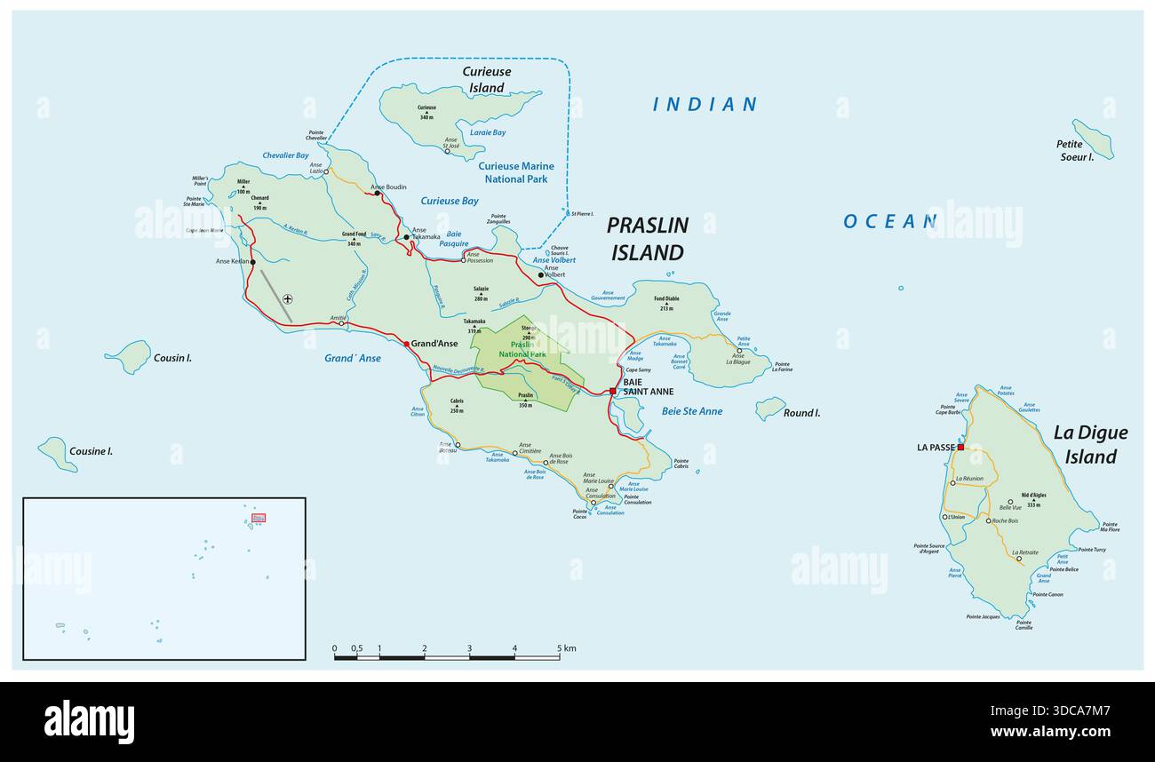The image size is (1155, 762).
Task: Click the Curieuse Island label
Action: [486, 79]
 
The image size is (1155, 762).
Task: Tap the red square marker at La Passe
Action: [960, 447]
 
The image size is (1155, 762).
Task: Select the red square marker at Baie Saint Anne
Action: [612, 391]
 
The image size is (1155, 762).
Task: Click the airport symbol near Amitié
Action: [288, 299]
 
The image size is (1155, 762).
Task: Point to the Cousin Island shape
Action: [131, 357]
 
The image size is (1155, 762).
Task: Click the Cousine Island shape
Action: [58, 453]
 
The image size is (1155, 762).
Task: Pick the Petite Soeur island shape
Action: [1092, 139]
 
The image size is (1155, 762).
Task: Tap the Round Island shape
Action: [769, 408]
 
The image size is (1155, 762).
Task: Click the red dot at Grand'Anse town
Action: [407, 344]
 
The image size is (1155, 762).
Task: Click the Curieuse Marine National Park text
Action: [516, 172]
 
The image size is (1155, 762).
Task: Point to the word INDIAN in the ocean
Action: [705, 105]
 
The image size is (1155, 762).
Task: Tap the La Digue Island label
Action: [1090, 444]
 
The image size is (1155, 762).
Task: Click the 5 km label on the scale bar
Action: [566, 648]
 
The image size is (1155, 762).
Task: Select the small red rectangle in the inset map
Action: [258, 517]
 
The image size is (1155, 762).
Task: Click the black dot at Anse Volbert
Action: [540, 275]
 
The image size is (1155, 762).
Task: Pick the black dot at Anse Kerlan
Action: [252, 262]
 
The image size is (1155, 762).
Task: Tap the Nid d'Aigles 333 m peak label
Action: [1033, 499]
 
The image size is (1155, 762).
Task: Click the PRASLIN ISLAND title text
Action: [647, 239]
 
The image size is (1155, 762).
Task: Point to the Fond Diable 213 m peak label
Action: [666, 304]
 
